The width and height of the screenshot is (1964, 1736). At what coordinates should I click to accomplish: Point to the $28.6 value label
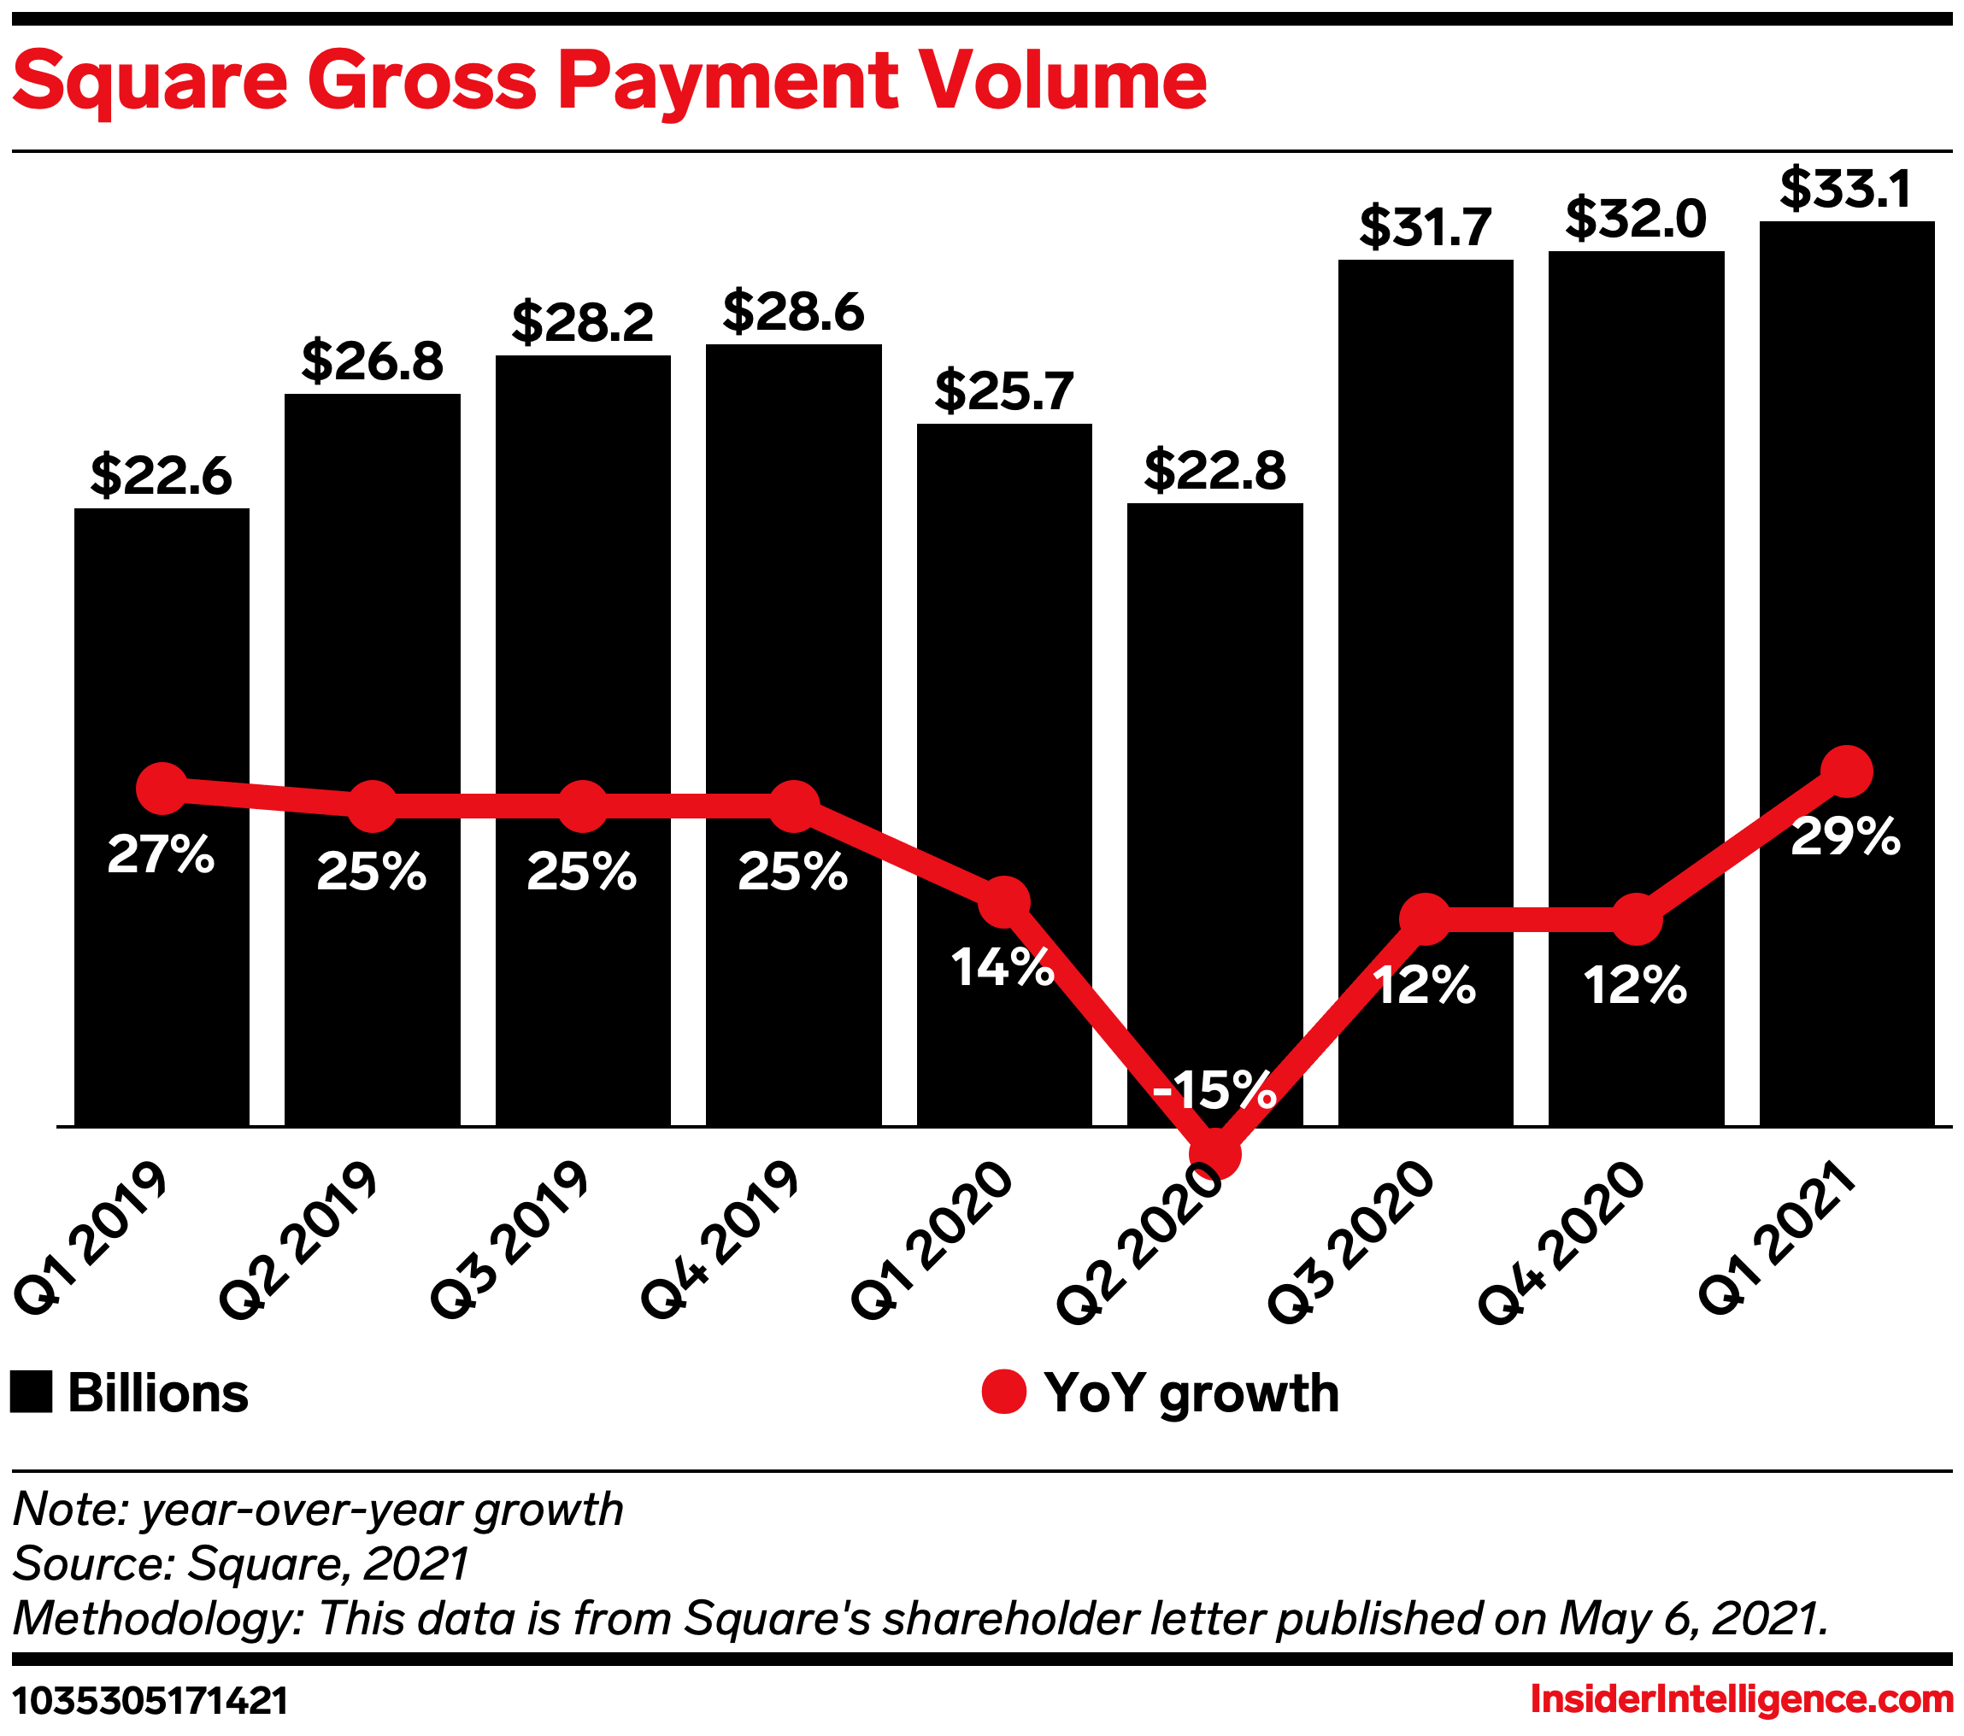793,312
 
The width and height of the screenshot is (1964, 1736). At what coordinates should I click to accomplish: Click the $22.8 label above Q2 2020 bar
1214,471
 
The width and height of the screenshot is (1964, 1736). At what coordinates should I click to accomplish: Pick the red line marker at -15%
1214,1152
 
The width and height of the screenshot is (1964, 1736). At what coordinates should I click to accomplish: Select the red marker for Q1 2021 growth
1847,771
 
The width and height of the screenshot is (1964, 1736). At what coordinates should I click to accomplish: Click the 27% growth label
161,854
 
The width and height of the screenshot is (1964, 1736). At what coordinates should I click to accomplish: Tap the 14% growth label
1003,967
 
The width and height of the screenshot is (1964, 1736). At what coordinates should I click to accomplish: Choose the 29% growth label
1845,836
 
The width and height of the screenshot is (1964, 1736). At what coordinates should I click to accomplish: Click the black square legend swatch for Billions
31,1393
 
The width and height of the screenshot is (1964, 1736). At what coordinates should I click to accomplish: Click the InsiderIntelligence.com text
1741,1699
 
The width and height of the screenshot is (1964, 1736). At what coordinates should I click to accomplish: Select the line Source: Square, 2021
240,1563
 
